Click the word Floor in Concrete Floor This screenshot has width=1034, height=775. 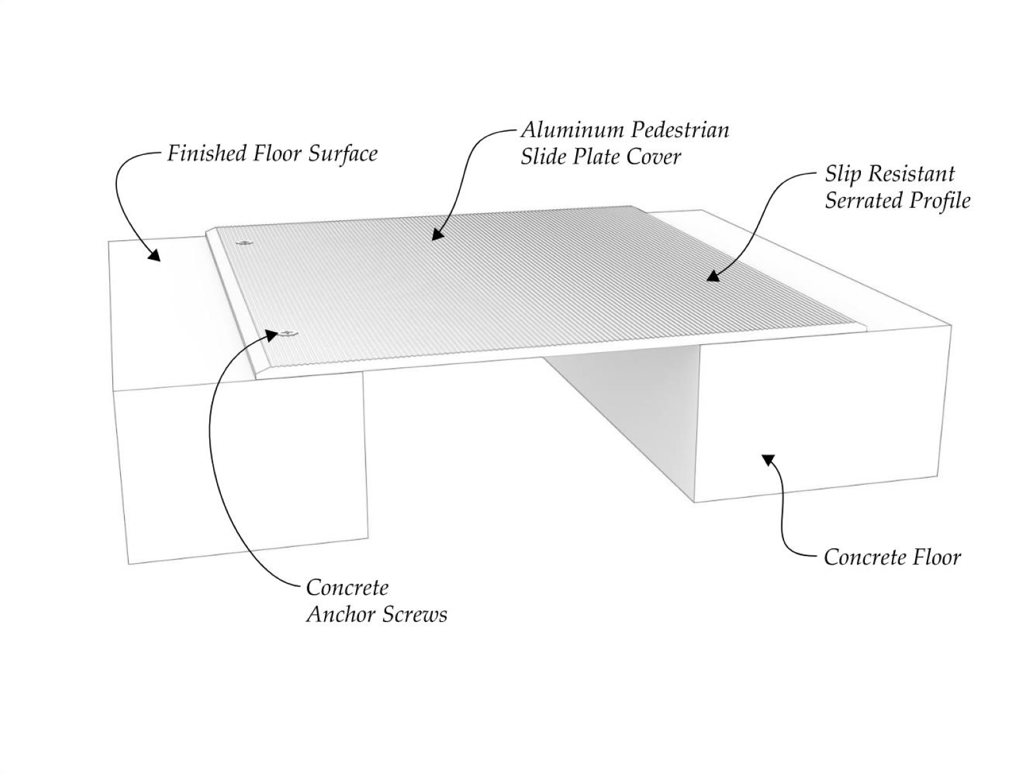(935, 557)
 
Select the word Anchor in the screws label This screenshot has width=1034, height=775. (338, 614)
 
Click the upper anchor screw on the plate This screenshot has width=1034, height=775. (245, 243)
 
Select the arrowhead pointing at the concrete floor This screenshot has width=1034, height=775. (767, 459)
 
